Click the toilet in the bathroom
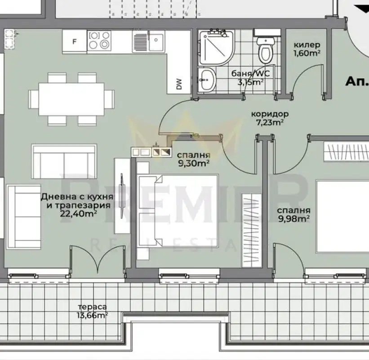pyautogui.click(x=266, y=50)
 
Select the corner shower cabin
pyautogui.click(x=216, y=48)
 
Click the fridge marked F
pyautogui.click(x=75, y=42)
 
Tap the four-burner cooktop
pyautogui.click(x=99, y=40)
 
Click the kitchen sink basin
pyautogui.click(x=156, y=42)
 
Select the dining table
pyautogui.click(x=71, y=99)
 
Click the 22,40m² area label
pyautogui.click(x=79, y=214)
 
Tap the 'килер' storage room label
pyautogui.click(x=307, y=45)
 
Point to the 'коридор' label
pyautogui.click(x=270, y=114)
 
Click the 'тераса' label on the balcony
pyautogui.click(x=92, y=307)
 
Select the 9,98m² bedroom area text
pyautogui.click(x=293, y=219)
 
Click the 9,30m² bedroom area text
pyautogui.click(x=194, y=163)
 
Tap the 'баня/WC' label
pyautogui.click(x=250, y=73)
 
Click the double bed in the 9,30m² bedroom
pyautogui.click(x=178, y=211)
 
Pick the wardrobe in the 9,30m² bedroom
pyautogui.click(x=252, y=230)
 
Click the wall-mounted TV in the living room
pyautogui.click(x=122, y=196)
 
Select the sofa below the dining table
pyautogui.click(x=64, y=162)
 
